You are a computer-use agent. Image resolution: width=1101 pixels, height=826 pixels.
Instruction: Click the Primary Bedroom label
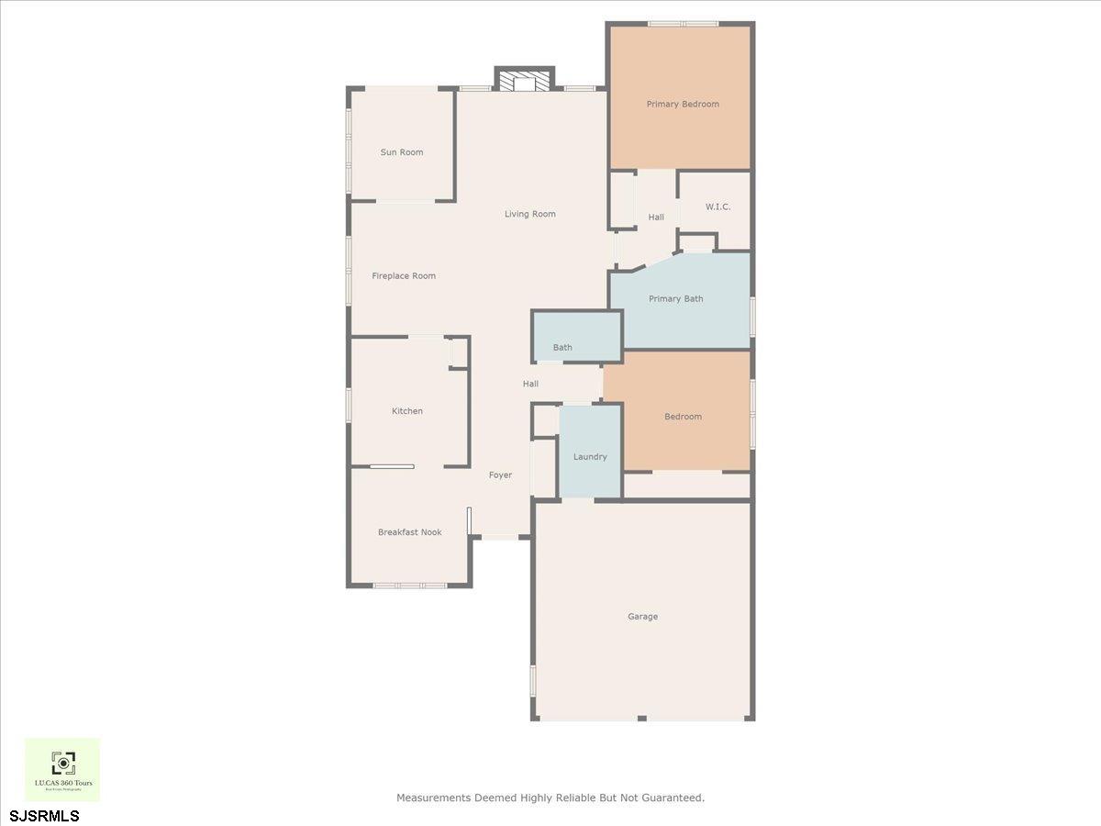683,104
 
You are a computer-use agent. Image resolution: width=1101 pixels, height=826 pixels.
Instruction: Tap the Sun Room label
402,152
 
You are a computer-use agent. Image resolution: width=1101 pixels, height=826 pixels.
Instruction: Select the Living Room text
530,214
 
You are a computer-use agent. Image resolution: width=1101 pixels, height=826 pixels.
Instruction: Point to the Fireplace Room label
404,275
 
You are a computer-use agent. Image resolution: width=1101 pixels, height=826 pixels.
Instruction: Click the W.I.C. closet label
717,206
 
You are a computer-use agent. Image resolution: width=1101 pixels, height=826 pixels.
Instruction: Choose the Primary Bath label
676,298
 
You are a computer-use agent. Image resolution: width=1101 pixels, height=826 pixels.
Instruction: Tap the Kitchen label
407,411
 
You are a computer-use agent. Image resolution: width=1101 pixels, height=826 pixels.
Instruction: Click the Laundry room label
590,456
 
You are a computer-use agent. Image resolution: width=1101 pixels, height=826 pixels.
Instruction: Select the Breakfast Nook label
410,532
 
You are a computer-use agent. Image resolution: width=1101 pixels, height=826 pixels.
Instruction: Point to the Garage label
642,617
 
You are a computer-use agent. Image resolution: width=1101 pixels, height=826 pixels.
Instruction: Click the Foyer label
500,474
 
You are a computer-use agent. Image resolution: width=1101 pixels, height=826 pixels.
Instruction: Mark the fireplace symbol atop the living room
525,81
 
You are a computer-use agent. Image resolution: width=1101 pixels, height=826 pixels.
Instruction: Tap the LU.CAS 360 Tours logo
62,769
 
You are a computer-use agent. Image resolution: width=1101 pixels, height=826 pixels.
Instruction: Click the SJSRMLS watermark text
45,815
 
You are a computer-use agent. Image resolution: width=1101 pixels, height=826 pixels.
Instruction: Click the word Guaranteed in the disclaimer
673,798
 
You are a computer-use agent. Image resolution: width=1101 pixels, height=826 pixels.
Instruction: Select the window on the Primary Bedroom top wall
683,24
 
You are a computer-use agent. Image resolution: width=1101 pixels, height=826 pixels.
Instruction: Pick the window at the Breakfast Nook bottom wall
410,585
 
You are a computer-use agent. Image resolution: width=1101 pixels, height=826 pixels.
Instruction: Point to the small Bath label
562,347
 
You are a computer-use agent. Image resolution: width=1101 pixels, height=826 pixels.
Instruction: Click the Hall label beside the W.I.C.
656,217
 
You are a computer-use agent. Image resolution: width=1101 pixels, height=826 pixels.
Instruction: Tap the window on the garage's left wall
533,685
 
